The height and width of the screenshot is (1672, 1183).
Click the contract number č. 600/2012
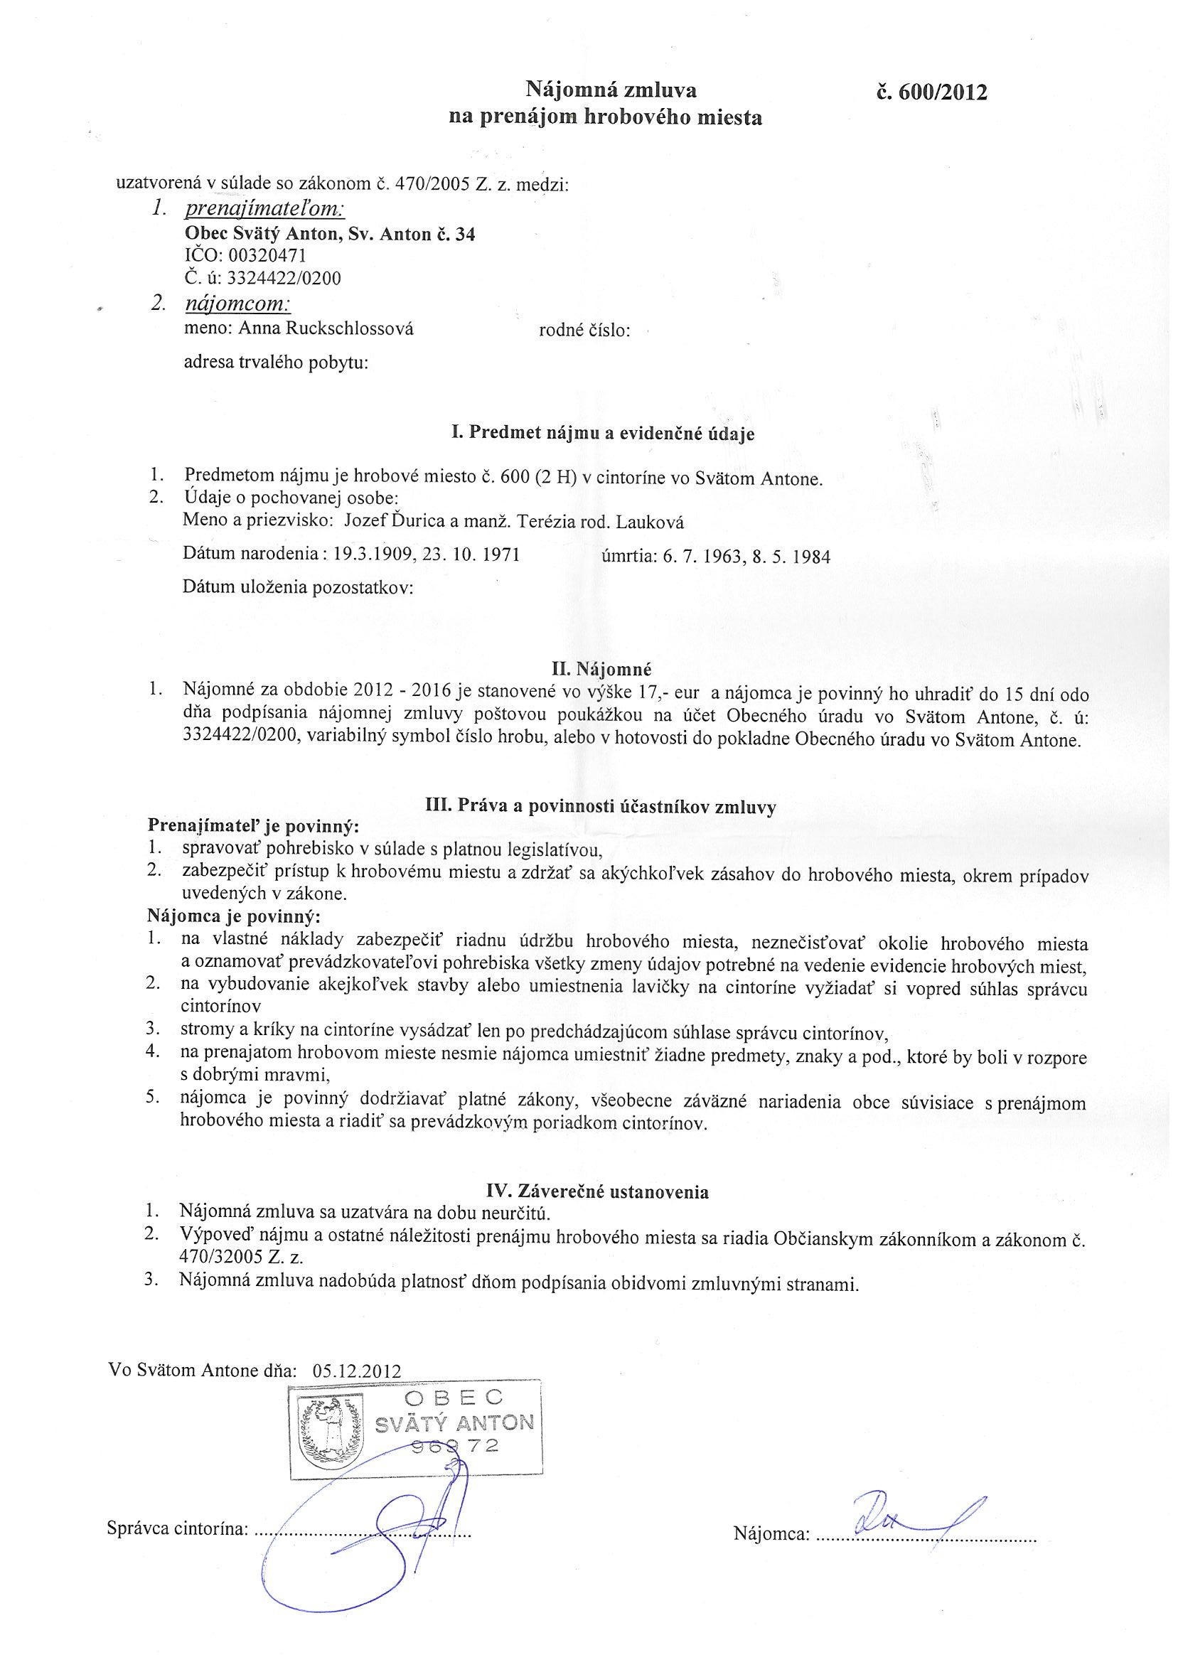[933, 93]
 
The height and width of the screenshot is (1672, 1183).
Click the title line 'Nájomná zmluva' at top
[611, 90]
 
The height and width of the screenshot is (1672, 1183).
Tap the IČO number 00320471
[267, 256]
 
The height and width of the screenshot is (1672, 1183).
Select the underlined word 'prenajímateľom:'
[265, 210]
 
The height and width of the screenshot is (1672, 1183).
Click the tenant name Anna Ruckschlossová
[326, 328]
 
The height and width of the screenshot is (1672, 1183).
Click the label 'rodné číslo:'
[584, 331]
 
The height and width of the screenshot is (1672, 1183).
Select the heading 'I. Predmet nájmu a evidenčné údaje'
[603, 434]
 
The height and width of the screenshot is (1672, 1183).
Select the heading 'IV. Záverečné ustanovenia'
[597, 1191]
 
